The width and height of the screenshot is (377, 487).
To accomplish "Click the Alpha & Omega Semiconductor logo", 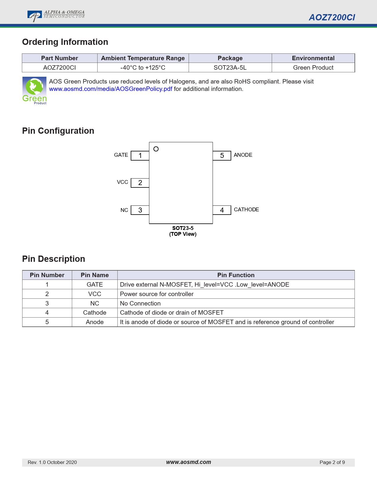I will pyautogui.click(x=56, y=16).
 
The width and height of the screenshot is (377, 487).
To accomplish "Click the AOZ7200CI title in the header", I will pyautogui.click(x=332, y=17).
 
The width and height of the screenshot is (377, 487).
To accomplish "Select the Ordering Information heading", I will pyautogui.click(x=65, y=42).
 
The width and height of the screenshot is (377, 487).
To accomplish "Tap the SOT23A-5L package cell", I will pyautogui.click(x=230, y=68).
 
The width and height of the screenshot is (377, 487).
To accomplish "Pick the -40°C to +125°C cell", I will pyautogui.click(x=143, y=68).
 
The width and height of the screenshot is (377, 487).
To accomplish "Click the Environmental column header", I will pyautogui.click(x=313, y=58).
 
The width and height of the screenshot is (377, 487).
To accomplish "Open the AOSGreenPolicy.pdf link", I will pyautogui.click(x=111, y=89).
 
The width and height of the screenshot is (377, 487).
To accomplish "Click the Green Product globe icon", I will pyautogui.click(x=34, y=90).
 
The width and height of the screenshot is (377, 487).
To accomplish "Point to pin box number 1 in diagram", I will pyautogui.click(x=140, y=156).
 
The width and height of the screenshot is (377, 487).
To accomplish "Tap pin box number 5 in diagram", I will pyautogui.click(x=222, y=156).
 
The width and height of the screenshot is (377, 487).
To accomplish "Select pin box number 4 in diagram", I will pyautogui.click(x=222, y=210).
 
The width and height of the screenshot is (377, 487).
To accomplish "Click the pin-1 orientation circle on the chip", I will pyautogui.click(x=156, y=149).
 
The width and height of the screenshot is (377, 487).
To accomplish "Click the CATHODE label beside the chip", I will pyautogui.click(x=246, y=210).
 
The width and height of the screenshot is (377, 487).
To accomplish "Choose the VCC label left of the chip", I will pyautogui.click(x=122, y=182).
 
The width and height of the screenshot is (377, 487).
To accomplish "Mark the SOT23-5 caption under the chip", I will pyautogui.click(x=183, y=228).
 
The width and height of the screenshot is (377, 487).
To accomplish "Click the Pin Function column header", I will pyautogui.click(x=236, y=275).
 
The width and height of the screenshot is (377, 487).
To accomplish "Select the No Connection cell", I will pyautogui.click(x=140, y=303).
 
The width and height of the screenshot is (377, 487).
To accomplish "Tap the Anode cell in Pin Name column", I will pyautogui.click(x=95, y=322).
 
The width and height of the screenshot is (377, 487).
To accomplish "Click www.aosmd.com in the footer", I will pyautogui.click(x=188, y=462).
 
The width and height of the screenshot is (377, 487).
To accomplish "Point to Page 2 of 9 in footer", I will pyautogui.click(x=332, y=462).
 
